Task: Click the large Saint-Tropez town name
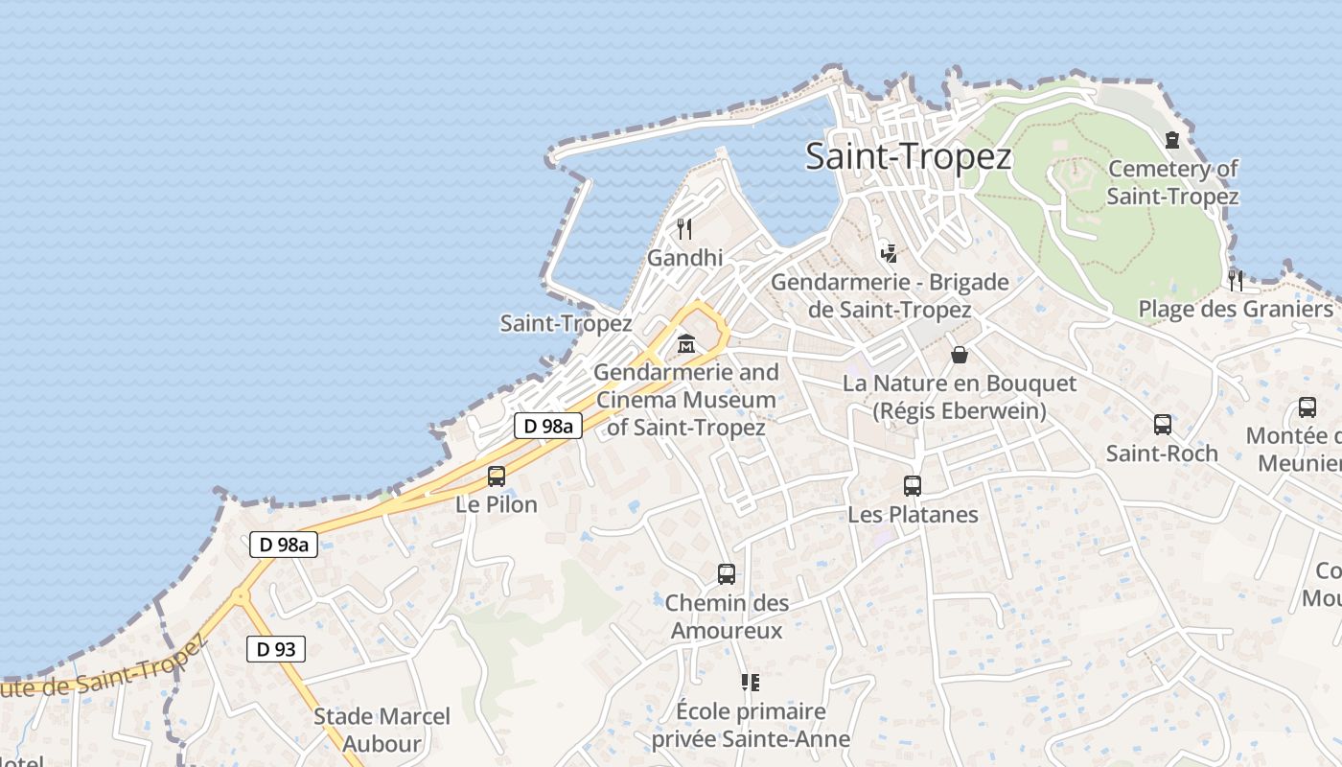click(x=908, y=156)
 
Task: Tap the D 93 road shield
click(x=275, y=649)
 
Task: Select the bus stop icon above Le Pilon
click(x=497, y=476)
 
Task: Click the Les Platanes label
click(x=913, y=515)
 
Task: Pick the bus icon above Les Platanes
click(x=913, y=486)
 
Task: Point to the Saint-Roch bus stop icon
click(x=1163, y=424)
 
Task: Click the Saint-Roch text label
click(x=1162, y=453)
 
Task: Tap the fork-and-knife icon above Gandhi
click(x=684, y=228)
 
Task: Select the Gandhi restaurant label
click(x=684, y=258)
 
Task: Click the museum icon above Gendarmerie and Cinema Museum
click(x=686, y=343)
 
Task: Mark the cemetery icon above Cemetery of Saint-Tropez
click(x=1172, y=140)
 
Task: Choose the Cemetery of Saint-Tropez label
click(x=1172, y=182)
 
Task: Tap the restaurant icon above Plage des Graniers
click(x=1236, y=280)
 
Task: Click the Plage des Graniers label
click(x=1236, y=309)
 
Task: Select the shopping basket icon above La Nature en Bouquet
click(x=960, y=355)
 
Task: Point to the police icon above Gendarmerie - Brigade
click(x=890, y=253)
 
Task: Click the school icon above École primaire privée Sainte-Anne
click(x=750, y=683)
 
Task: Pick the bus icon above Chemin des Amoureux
click(x=727, y=574)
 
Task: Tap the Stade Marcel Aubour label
click(x=382, y=730)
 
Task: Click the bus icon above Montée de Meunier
click(x=1307, y=407)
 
